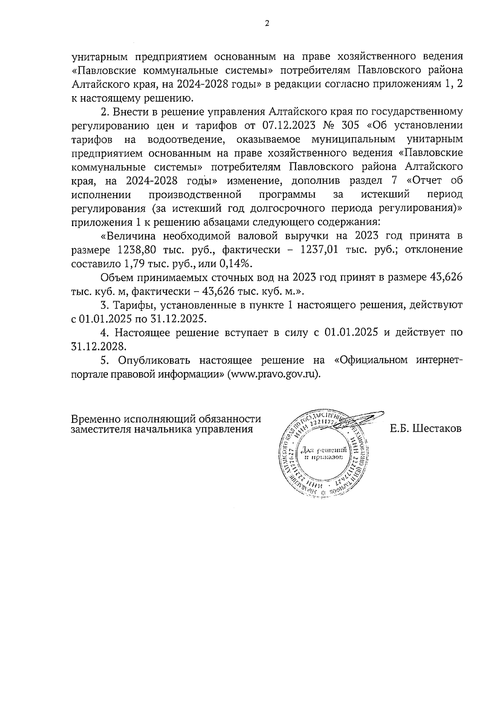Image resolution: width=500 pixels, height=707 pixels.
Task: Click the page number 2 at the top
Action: [x=267, y=23]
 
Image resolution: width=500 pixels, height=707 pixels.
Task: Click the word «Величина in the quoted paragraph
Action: [x=129, y=236]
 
